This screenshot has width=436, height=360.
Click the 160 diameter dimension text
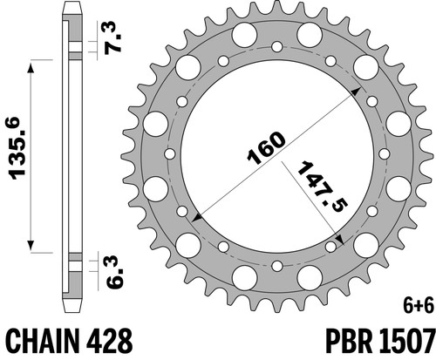[x=266, y=148]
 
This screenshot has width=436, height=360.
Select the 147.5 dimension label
[x=323, y=187]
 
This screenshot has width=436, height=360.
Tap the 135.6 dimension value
[x=17, y=148]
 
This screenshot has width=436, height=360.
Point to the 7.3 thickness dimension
[x=112, y=37]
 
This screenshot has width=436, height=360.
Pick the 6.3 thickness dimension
[x=114, y=272]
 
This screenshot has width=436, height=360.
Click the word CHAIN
[x=43, y=341]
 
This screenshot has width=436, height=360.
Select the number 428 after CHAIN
[x=110, y=341]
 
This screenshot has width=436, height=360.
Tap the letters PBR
[x=350, y=341]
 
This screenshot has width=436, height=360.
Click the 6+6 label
[x=419, y=306]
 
